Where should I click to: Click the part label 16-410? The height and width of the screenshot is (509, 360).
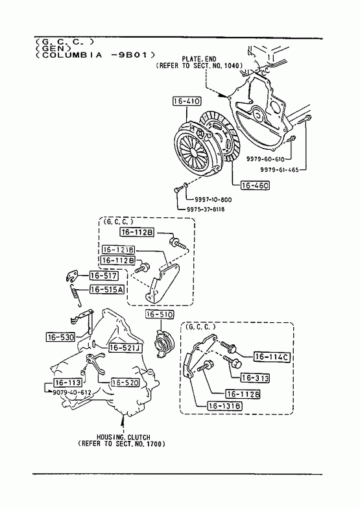[x=187, y=101]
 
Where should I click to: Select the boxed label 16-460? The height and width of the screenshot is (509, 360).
[x=255, y=185]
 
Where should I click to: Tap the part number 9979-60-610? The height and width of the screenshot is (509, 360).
[x=265, y=159]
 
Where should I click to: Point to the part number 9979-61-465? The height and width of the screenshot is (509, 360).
[x=279, y=169]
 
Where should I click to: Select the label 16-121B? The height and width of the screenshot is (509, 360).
[x=119, y=250]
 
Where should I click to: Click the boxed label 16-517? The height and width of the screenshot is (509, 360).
[x=104, y=276]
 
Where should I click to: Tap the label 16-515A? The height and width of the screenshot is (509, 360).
[x=107, y=289]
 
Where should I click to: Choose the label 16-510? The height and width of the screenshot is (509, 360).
[x=160, y=314]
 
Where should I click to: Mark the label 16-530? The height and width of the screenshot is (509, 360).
[x=60, y=337]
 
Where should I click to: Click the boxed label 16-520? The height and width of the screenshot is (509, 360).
[x=125, y=383]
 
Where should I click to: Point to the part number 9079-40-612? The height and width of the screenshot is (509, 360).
[x=72, y=392]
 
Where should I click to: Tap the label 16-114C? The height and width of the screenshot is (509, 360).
[x=272, y=357]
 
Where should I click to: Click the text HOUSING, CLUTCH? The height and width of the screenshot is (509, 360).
[x=123, y=437]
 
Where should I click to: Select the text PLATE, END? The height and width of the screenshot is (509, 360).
[x=199, y=60]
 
